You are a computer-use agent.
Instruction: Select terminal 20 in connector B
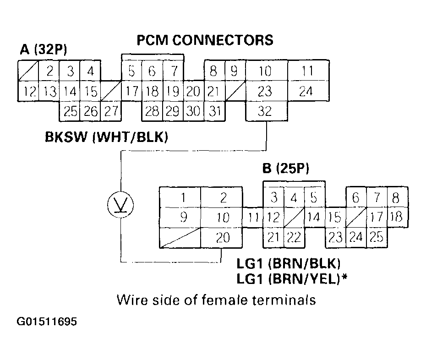(x=222, y=238)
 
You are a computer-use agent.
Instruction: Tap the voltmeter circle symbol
(x=120, y=204)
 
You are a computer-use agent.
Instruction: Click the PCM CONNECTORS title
(x=205, y=40)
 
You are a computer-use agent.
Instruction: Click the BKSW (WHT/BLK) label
(x=106, y=137)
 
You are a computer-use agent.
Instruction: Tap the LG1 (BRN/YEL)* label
(x=291, y=278)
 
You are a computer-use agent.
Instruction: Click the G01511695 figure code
(x=47, y=322)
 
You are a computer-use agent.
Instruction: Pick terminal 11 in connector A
(x=307, y=71)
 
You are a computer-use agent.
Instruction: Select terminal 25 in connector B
(x=377, y=238)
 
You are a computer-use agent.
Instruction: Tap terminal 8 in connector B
(x=396, y=198)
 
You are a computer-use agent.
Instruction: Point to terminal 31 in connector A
(x=214, y=111)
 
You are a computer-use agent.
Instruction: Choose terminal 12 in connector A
(x=27, y=92)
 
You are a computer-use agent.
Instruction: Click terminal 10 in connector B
(x=222, y=218)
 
